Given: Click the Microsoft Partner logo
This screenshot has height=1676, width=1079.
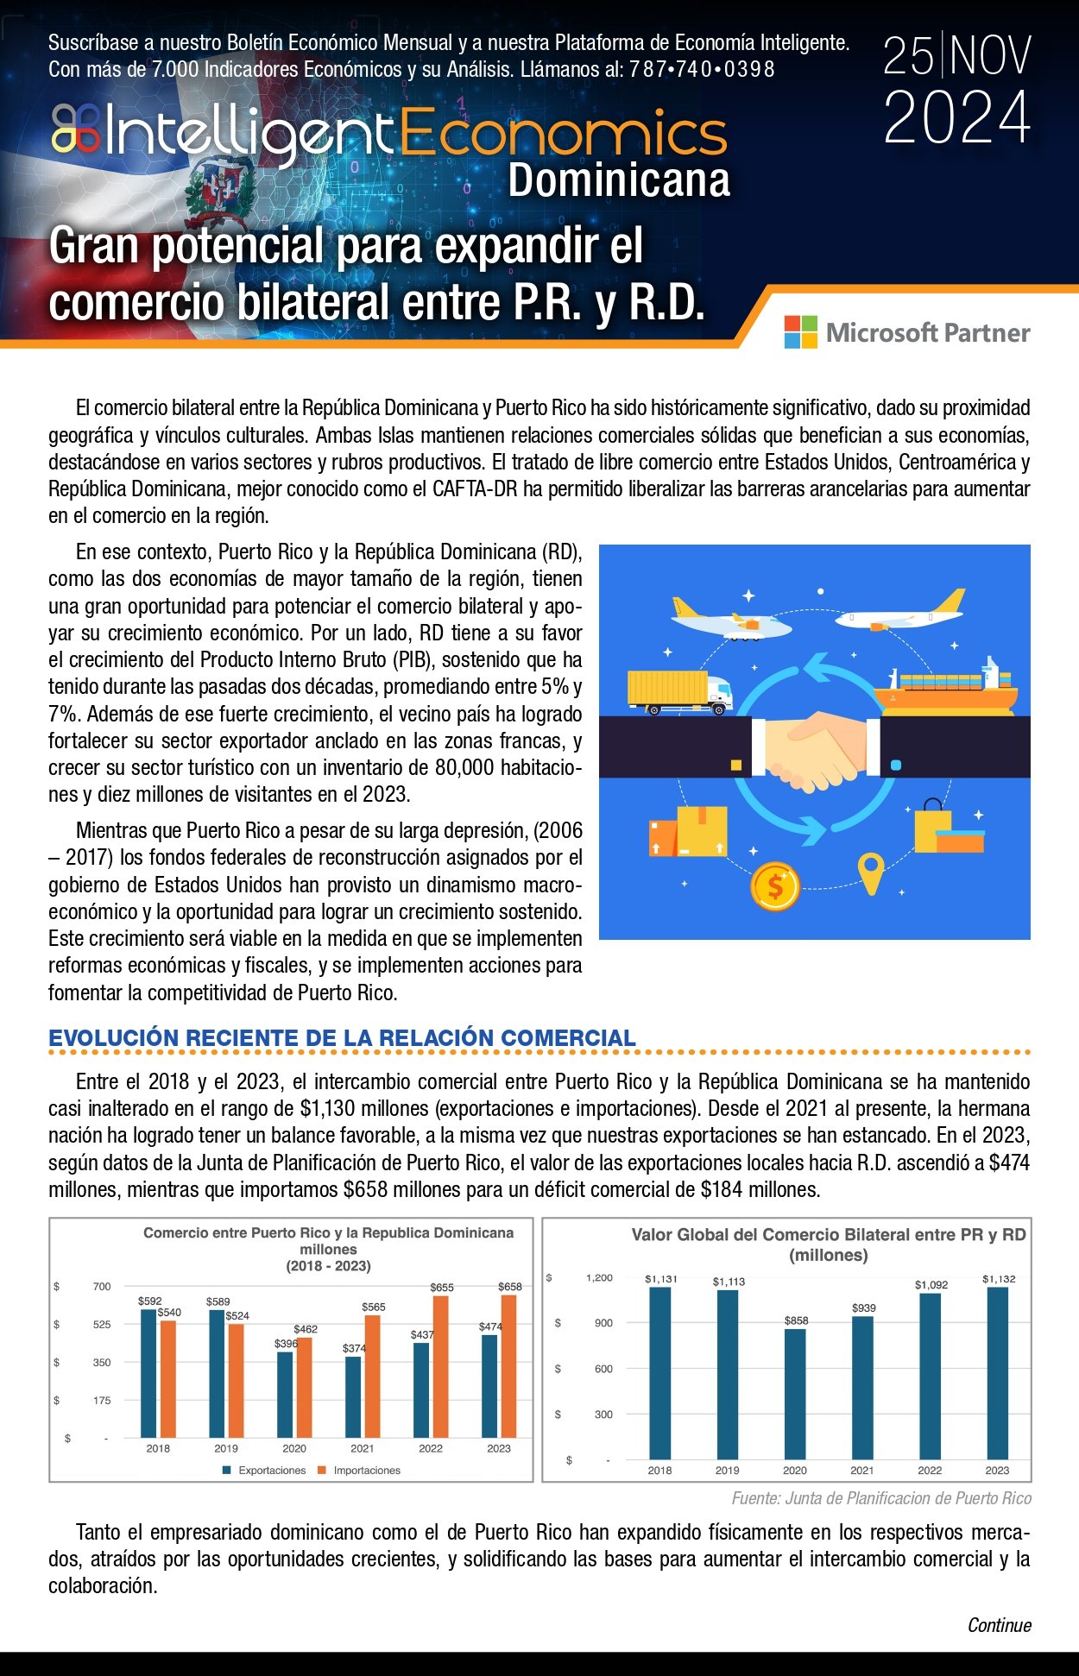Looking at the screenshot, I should [x=906, y=332].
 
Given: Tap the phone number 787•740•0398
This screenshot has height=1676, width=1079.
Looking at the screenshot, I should [x=702, y=69].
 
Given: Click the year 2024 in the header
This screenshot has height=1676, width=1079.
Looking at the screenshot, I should [x=956, y=118].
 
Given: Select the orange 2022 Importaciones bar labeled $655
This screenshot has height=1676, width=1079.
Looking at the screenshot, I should [x=440, y=1366].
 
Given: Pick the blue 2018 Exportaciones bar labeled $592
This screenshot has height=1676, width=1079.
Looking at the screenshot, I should [x=148, y=1373].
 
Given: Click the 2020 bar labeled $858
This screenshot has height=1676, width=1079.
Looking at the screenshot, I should [x=795, y=1394].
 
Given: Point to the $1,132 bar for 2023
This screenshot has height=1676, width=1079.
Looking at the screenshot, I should [x=997, y=1373].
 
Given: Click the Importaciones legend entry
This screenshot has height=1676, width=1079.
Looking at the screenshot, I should [x=366, y=1471].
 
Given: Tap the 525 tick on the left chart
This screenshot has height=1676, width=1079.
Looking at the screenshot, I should [x=102, y=1325].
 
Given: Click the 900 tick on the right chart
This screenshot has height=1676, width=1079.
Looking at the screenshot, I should [x=603, y=1323].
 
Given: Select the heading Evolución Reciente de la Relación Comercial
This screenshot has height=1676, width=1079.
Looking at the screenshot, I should [x=342, y=1038].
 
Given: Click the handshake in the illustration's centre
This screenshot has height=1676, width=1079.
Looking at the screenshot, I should [x=815, y=747].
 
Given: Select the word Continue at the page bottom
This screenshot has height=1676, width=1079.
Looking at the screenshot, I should [x=999, y=1626].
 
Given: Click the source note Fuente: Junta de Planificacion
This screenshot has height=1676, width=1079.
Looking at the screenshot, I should [x=881, y=1499].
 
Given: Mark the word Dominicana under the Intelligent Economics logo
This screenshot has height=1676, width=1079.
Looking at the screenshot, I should [x=618, y=180].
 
